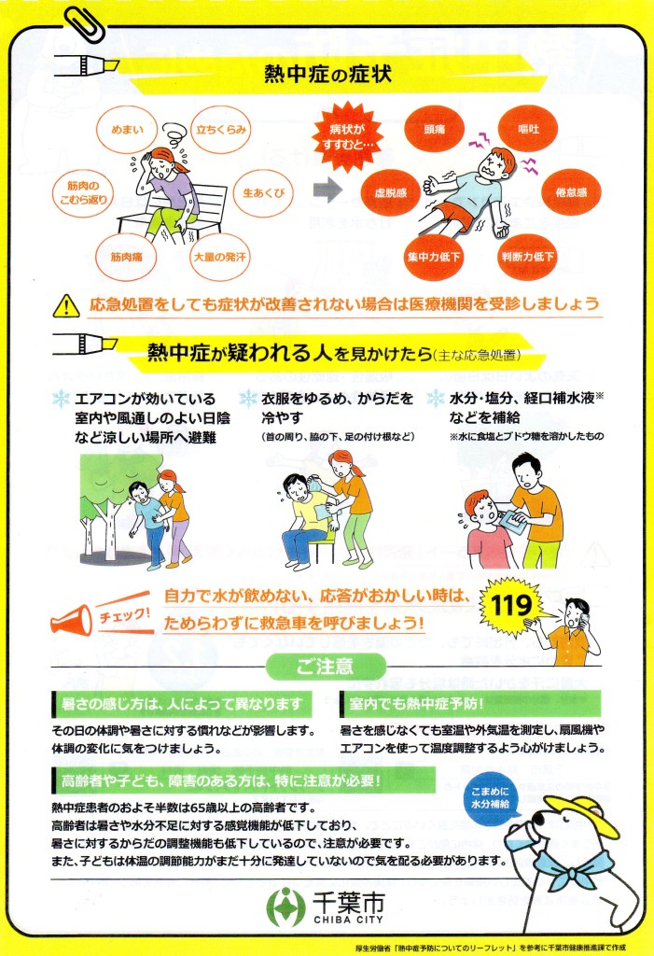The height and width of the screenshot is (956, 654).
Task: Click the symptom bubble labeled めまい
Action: coord(127,129)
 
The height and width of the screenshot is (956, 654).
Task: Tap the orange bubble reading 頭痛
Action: coord(435,129)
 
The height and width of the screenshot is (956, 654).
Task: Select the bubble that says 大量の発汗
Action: coord(220,257)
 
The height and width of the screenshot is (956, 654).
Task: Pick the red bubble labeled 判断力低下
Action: coord(528,257)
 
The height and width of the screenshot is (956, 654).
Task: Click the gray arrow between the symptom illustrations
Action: coord(329,190)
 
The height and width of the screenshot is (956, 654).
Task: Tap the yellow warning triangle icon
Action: coord(66,306)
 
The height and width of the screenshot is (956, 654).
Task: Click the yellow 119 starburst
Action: coord(510,605)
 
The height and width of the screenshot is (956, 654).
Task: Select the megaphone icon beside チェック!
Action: coord(71,621)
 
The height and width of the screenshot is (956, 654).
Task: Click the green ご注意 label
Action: coord(326,666)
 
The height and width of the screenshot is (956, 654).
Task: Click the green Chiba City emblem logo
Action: coord(285,907)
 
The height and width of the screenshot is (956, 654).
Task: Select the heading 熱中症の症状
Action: coord(327,75)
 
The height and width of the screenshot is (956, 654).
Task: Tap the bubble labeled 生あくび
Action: coord(264,192)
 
